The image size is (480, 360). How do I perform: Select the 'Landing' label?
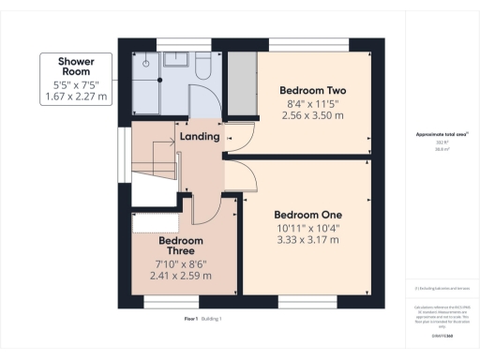click(199, 137)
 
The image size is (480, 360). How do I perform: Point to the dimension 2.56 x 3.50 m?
click(313, 115)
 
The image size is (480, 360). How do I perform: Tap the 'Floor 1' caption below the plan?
click(193, 320)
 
